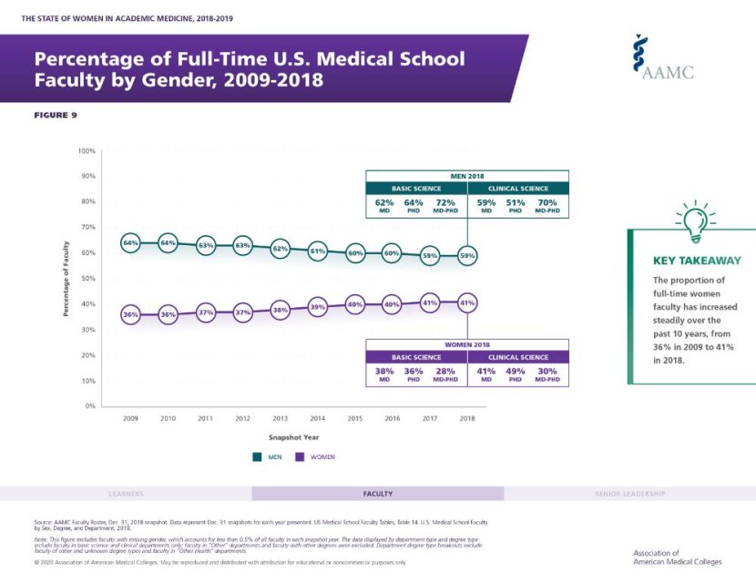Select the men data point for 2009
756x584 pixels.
[130, 243]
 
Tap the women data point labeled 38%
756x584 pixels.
[281, 310]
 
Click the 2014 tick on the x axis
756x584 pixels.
[318, 418]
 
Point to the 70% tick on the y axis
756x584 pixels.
[87, 227]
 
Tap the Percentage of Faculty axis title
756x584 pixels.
[66, 278]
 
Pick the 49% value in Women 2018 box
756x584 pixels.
[516, 371]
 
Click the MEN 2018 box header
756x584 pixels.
[467, 175]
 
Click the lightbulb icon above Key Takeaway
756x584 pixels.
[692, 220]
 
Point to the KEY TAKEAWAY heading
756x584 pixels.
[695, 261]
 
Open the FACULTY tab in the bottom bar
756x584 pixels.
[377, 494]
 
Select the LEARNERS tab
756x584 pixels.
[126, 494]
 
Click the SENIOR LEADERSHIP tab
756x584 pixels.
[630, 494]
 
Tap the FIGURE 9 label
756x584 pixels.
[56, 115]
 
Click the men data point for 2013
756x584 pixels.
[281, 248]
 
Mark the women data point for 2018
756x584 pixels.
[467, 302]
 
